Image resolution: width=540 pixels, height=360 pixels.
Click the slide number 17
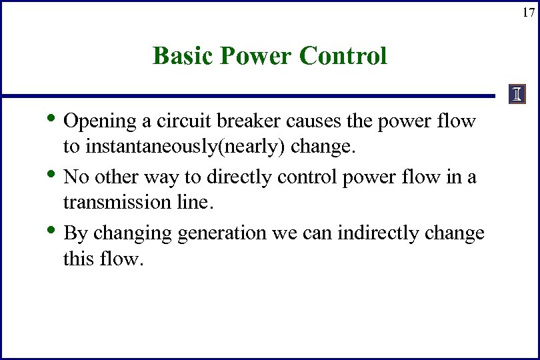[528, 12]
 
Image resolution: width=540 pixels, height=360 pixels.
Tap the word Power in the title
[256, 56]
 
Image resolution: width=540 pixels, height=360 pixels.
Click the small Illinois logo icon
[517, 95]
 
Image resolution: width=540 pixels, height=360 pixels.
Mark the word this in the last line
[79, 258]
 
